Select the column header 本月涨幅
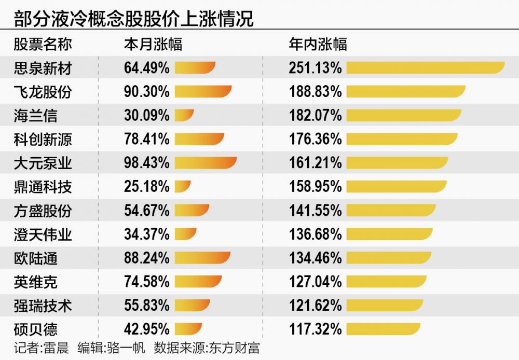(x=153, y=44)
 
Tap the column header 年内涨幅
(x=318, y=44)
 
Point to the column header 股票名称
(x=43, y=44)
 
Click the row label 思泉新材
(x=43, y=68)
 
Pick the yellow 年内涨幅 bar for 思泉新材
(x=425, y=68)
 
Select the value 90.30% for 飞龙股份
(x=147, y=92)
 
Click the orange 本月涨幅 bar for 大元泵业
(x=206, y=163)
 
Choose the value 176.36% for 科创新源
(x=316, y=139)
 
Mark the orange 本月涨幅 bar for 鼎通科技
(x=183, y=186)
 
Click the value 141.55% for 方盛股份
(x=316, y=210)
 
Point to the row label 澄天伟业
(x=43, y=234)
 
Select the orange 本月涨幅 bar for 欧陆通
(x=202, y=258)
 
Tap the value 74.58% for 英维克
(x=147, y=282)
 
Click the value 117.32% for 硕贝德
(x=316, y=329)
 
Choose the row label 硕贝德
(x=35, y=329)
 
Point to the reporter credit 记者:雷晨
(x=41, y=348)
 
